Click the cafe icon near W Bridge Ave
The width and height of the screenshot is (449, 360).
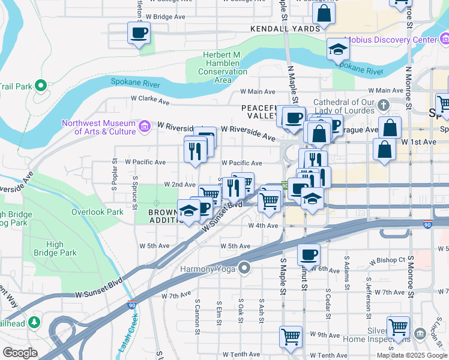(139, 32)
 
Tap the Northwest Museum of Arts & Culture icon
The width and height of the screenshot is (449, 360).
(144, 126)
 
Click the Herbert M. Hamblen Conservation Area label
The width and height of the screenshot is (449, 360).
(223, 67)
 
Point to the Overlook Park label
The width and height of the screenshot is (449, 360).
(97, 212)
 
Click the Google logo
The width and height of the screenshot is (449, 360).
(20, 353)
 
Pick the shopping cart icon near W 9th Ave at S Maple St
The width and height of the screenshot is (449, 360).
(291, 336)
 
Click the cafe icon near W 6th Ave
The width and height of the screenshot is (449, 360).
(309, 254)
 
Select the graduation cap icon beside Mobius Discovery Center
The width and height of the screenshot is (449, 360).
(339, 49)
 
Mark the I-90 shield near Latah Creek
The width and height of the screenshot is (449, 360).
(131, 305)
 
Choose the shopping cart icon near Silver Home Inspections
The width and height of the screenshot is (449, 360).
(398, 327)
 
